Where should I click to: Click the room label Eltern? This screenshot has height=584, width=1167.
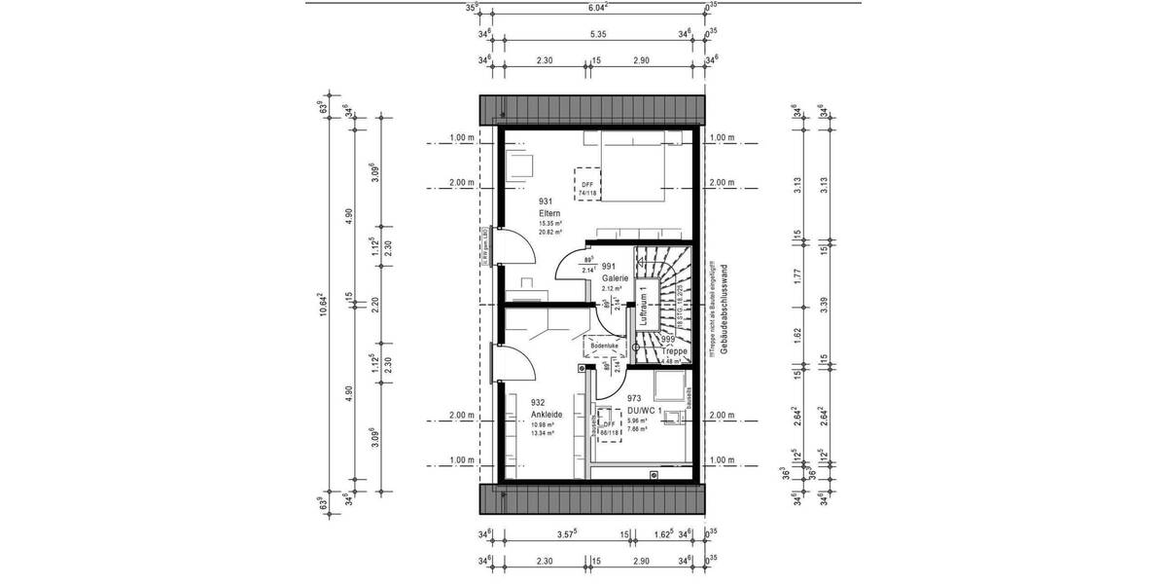[x=548, y=213]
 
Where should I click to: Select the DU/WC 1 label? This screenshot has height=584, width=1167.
[x=647, y=410]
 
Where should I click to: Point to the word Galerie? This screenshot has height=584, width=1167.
[x=615, y=277]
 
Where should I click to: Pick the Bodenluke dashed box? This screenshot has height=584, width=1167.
[x=603, y=346]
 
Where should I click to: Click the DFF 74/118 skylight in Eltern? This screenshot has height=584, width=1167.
[x=587, y=183]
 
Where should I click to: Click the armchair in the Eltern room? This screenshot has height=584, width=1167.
[x=520, y=163]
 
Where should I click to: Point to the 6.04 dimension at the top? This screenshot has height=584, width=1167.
[x=597, y=8]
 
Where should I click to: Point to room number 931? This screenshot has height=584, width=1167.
[x=545, y=201]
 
